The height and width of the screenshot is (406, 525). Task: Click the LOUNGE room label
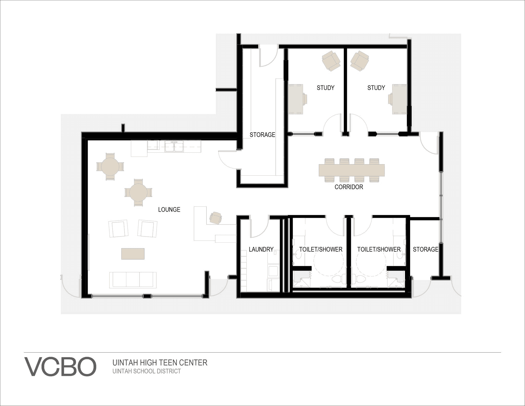click(169, 210)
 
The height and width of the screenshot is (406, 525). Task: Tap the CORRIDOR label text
click(349, 187)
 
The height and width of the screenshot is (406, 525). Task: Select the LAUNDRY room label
click(261, 249)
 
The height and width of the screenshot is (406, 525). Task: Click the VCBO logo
click(60, 367)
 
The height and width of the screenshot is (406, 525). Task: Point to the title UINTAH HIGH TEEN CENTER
click(160, 363)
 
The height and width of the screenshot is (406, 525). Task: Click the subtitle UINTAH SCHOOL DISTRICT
click(147, 371)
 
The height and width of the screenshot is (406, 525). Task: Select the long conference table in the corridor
click(352, 170)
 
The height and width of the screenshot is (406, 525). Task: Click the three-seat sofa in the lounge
click(133, 280)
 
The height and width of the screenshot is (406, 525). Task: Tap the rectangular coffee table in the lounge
click(133, 254)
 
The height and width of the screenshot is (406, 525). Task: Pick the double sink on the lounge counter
click(174, 147)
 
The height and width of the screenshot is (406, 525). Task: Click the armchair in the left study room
click(331, 61)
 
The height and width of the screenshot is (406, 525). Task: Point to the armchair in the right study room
click(360, 61)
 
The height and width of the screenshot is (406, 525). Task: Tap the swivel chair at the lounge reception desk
click(216, 218)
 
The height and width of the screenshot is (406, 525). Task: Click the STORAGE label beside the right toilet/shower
click(426, 249)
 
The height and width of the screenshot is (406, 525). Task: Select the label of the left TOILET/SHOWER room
click(321, 249)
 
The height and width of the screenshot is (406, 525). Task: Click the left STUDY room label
click(326, 88)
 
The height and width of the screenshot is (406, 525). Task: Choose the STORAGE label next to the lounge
click(262, 135)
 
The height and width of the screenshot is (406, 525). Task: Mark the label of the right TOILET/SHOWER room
click(379, 249)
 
